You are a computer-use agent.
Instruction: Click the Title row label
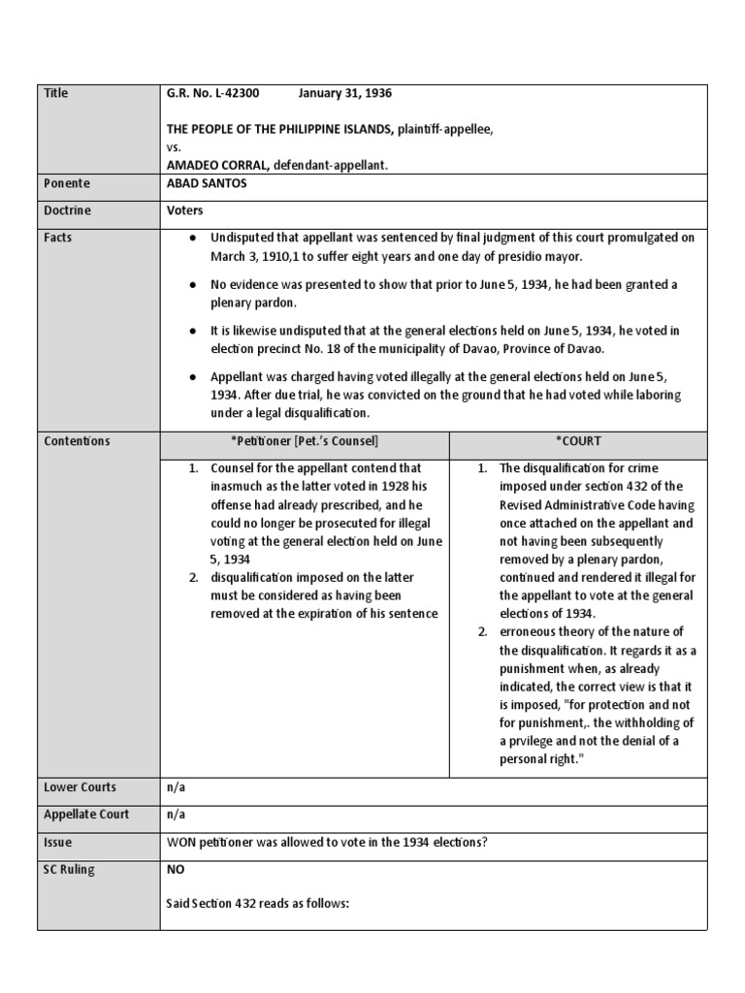56,93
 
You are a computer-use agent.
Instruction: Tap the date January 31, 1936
344,93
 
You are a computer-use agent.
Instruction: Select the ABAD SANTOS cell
207,183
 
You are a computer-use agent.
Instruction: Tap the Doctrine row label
67,209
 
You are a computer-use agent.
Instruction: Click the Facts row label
58,237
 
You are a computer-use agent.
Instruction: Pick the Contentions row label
77,441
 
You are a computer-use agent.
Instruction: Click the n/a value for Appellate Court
176,815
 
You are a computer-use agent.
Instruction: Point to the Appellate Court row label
86,815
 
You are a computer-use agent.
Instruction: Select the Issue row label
58,842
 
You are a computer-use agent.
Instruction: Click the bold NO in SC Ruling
176,869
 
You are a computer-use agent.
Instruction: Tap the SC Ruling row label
70,869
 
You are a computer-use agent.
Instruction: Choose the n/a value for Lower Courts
176,787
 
